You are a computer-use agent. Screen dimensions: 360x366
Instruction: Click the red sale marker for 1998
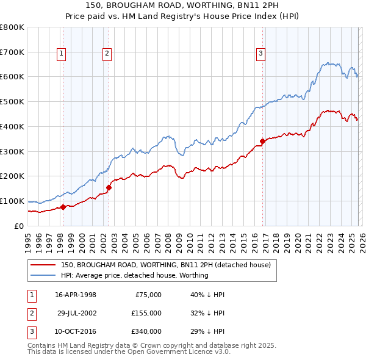coord(63,207)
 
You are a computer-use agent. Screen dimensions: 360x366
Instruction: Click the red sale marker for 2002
coord(109,187)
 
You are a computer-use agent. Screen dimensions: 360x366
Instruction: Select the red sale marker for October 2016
coord(263,141)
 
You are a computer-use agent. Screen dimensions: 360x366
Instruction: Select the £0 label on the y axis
coord(19,226)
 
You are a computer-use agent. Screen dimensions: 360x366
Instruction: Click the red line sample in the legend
coord(43,265)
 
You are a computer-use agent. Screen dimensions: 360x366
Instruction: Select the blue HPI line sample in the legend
coord(43,275)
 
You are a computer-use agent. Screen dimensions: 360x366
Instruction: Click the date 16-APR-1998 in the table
coord(76,294)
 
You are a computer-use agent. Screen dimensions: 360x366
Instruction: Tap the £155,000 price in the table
coord(146,313)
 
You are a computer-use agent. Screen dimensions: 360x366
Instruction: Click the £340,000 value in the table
coord(146,331)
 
